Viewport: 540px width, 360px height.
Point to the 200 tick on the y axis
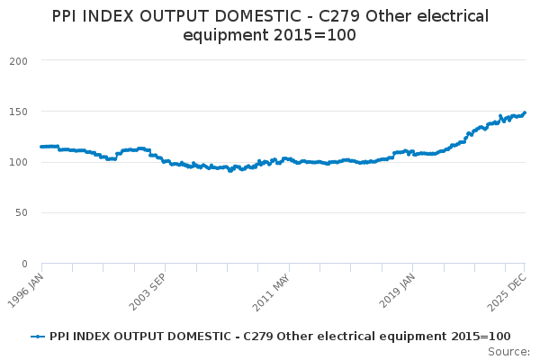point(19,60)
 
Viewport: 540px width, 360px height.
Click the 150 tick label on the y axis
point(19,112)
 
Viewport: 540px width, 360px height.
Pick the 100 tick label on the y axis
point(19,162)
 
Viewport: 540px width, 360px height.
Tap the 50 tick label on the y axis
point(22,213)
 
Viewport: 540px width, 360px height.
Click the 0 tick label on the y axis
point(25,264)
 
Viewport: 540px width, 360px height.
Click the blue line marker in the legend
point(38,336)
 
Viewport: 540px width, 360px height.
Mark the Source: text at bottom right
point(508,351)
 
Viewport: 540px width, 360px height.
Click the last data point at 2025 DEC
point(525,112)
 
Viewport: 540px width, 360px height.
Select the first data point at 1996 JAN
point(41,147)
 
